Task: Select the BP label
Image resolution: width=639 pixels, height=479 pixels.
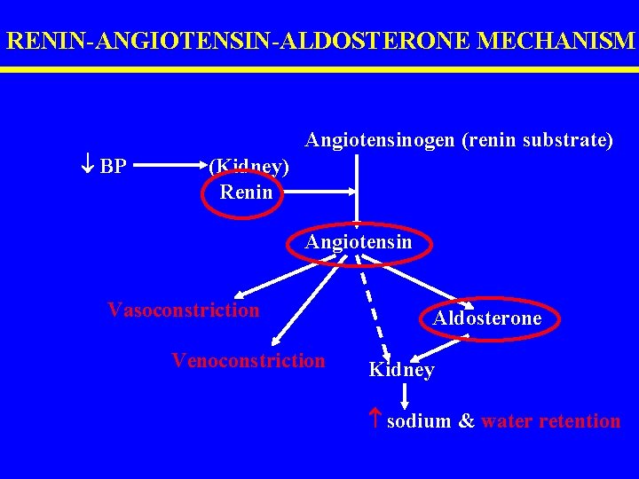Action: pyautogui.click(x=113, y=166)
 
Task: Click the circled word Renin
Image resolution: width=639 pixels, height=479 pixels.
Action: pyautogui.click(x=246, y=191)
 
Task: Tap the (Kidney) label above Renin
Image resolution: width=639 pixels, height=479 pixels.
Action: pyautogui.click(x=248, y=165)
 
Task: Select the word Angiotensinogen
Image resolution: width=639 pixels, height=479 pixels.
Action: pyautogui.click(x=377, y=139)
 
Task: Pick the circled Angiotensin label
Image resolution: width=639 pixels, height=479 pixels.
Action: pyautogui.click(x=359, y=242)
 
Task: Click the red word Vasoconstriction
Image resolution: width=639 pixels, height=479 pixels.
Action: pyautogui.click(x=184, y=310)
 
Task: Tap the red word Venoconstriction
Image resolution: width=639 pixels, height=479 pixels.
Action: pyautogui.click(x=248, y=360)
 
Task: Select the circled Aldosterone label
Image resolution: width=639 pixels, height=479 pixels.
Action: pyautogui.click(x=487, y=318)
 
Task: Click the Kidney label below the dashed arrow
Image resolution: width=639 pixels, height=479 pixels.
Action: pyautogui.click(x=401, y=370)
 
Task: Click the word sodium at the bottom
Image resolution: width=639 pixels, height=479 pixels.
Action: pyautogui.click(x=419, y=421)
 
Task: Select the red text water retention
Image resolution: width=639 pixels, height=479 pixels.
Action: pyautogui.click(x=550, y=421)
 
